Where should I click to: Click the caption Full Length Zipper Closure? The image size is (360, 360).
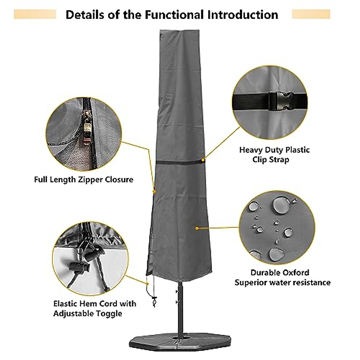(83, 180)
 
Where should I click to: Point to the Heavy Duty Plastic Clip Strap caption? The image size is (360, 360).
(274, 154)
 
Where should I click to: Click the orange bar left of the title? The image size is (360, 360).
(35, 14)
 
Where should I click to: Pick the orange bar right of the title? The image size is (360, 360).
(311, 14)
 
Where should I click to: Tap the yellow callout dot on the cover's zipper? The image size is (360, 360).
(154, 191)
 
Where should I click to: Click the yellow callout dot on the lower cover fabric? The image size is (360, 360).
(196, 228)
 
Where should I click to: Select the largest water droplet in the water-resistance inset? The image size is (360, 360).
(281, 205)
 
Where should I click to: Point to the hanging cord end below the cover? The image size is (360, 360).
(155, 300)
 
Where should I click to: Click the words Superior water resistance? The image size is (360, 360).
(282, 283)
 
